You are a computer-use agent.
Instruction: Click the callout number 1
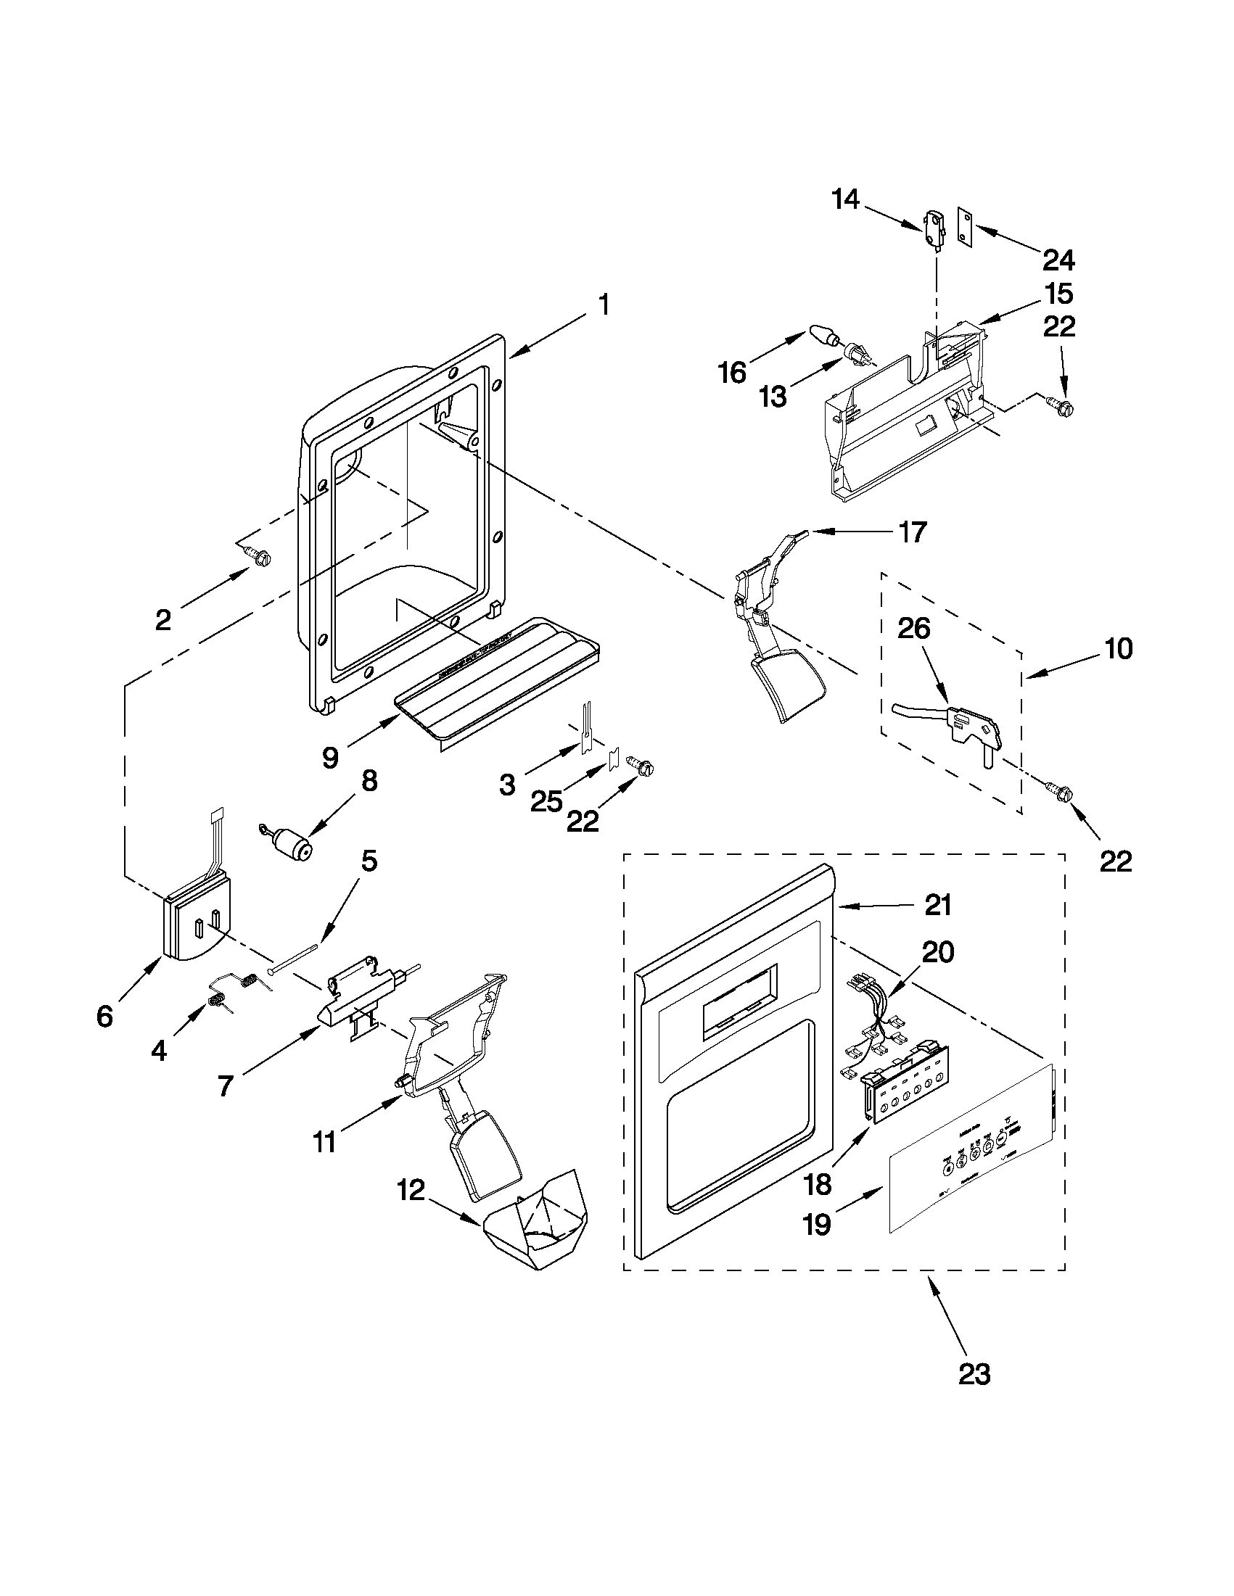[604, 304]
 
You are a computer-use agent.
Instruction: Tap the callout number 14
[846, 199]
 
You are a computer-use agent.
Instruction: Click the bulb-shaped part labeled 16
[823, 339]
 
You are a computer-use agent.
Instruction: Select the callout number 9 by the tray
[330, 758]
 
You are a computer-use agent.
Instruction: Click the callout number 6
[105, 1016]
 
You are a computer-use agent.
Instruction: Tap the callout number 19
[817, 1224]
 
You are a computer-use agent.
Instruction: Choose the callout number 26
[914, 629]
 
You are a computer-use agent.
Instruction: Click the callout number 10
[1119, 648]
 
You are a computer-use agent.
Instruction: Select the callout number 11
[324, 1141]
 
